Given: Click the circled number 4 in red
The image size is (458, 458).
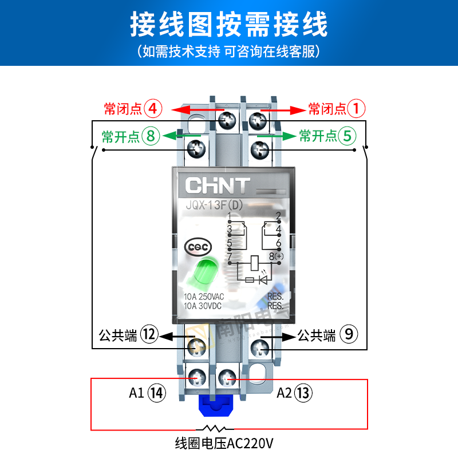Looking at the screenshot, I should tap(153, 108).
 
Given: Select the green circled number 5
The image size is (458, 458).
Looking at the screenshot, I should tap(347, 136).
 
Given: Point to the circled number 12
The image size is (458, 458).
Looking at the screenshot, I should tap(149, 335).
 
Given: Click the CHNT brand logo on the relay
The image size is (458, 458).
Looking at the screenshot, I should tap(217, 185).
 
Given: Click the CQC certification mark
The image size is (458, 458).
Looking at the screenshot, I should tap(198, 247).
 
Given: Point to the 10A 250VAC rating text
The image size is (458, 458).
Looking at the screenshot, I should tap(204, 297).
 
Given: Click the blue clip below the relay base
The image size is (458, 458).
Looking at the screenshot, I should tap(214, 407).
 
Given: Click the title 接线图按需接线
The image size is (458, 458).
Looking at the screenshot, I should tap(228, 25).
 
